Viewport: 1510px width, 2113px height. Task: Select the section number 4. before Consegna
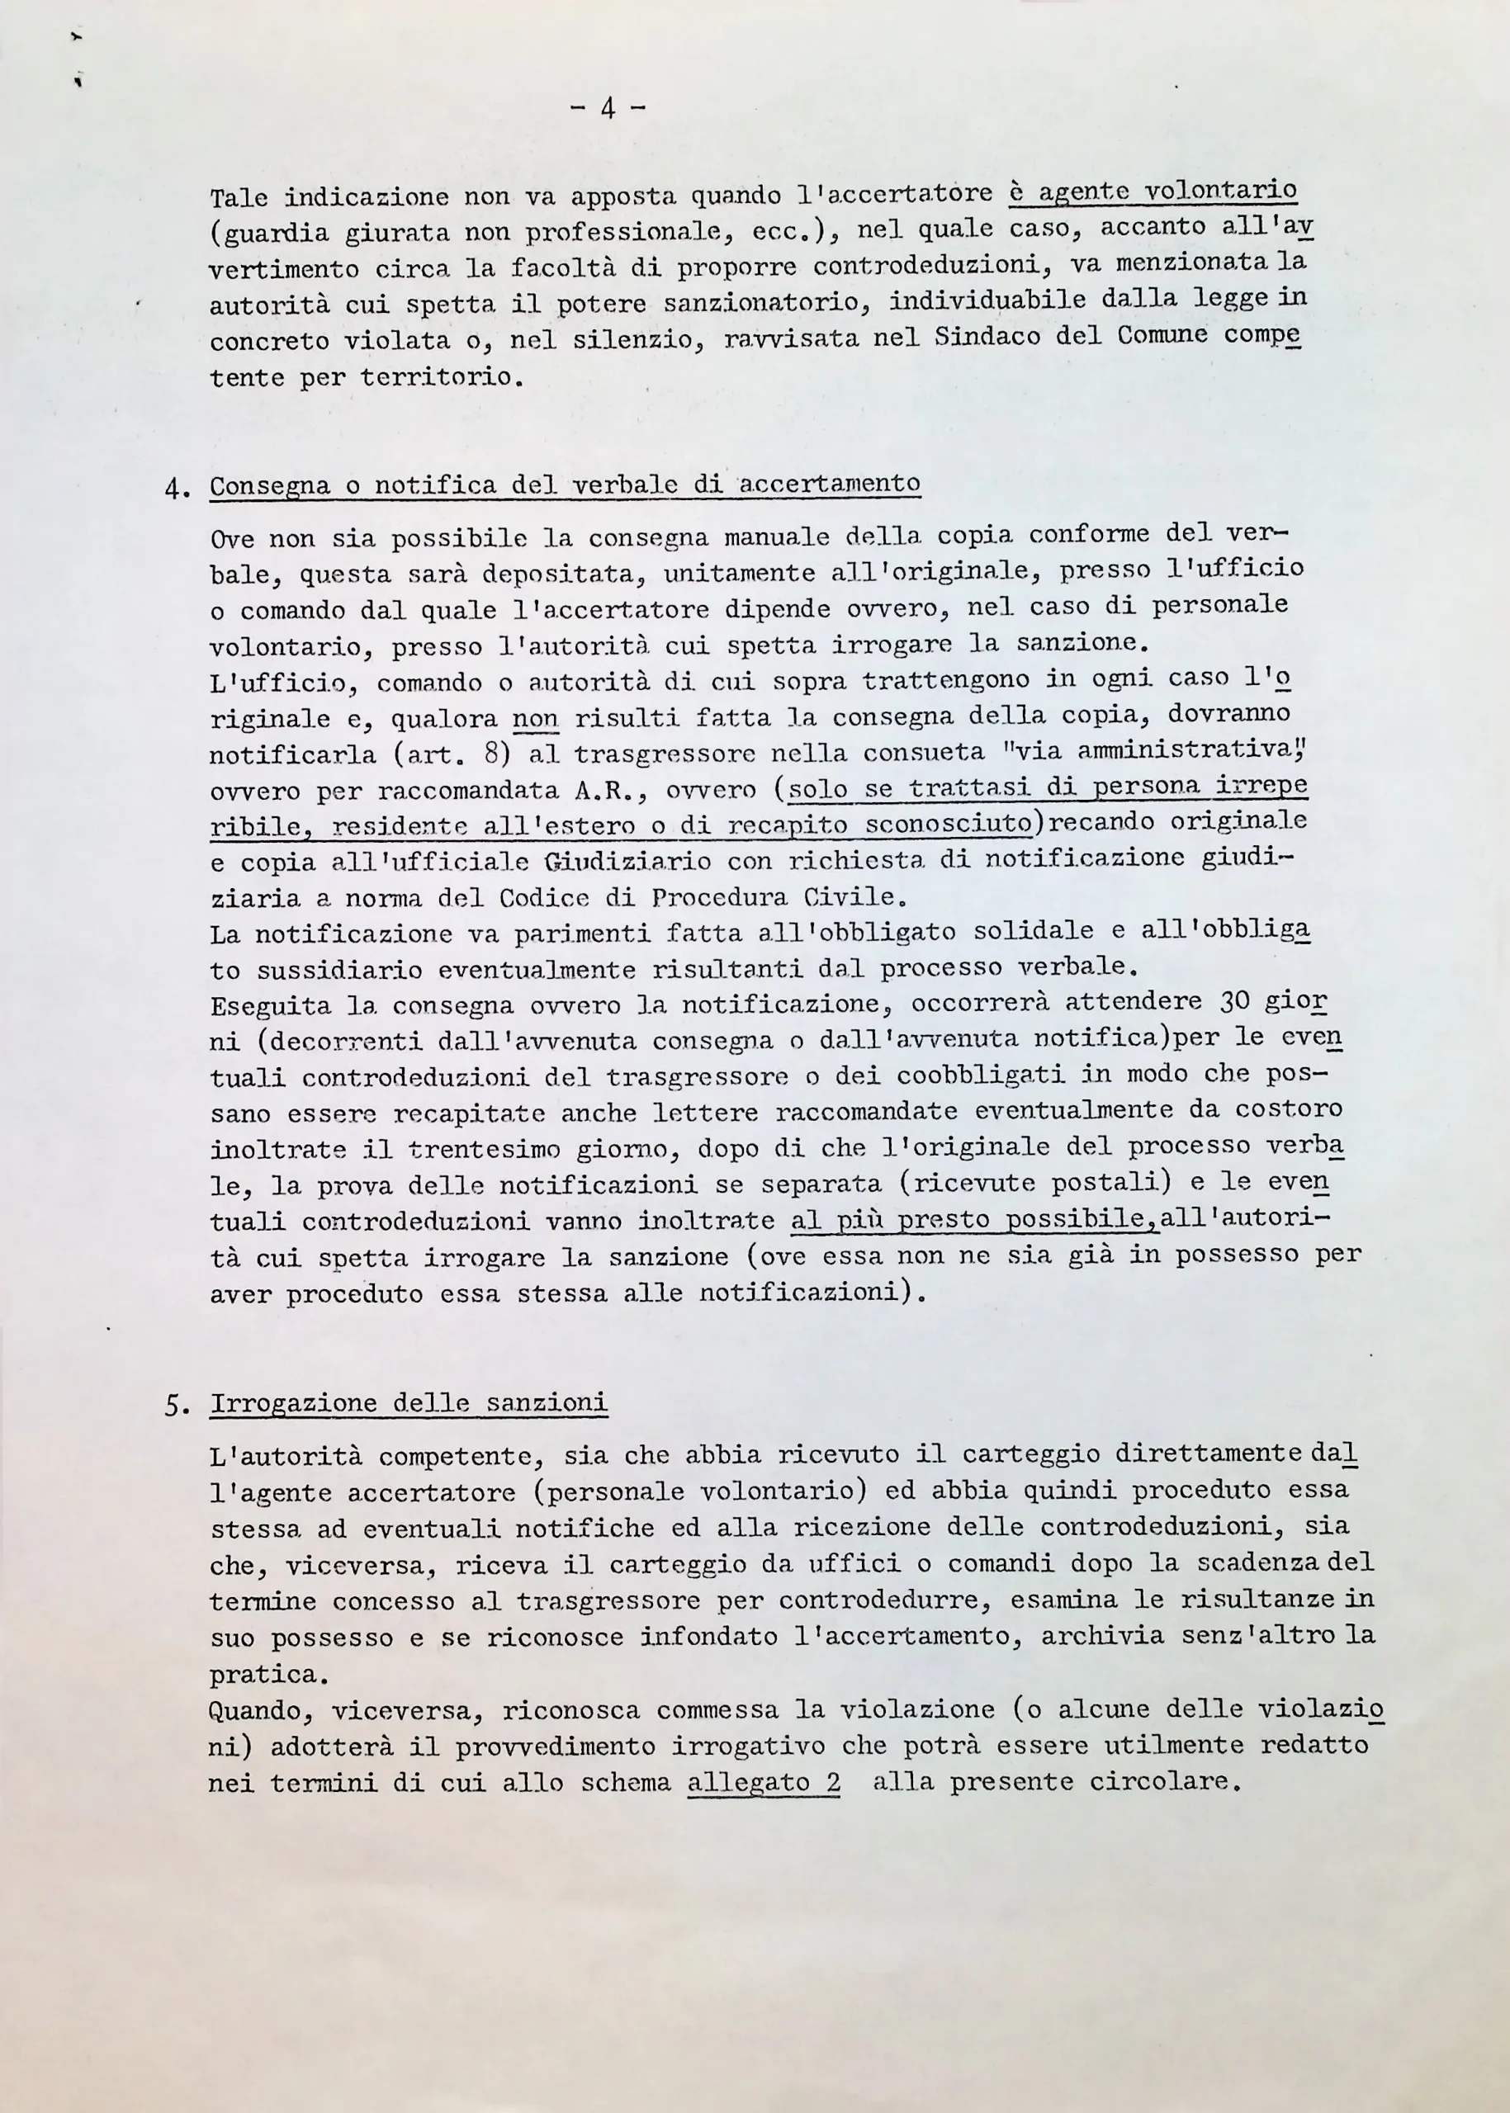click(177, 489)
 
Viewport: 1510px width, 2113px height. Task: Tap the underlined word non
click(535, 719)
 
